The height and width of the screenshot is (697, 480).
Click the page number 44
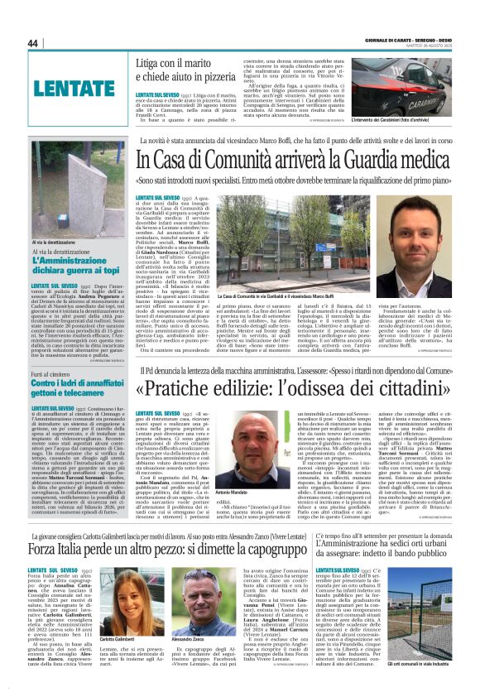pyautogui.click(x=33, y=43)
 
